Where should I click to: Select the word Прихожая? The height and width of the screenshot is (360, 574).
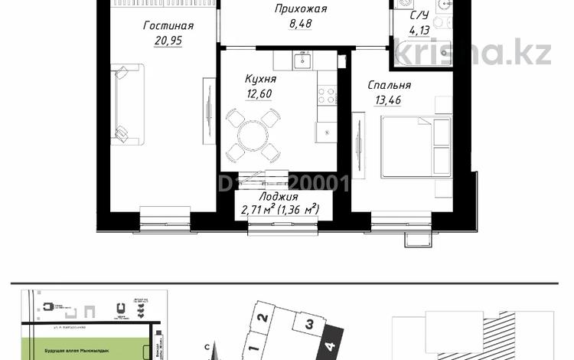pos(302,9)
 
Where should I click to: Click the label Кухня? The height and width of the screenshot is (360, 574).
pos(260,79)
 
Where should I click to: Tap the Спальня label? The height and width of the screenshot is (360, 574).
pos(388,86)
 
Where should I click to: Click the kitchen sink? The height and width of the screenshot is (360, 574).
pos(303,59)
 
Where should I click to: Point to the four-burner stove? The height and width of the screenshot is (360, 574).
pos(327,95)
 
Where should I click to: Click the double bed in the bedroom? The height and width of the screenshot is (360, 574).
pos(416,146)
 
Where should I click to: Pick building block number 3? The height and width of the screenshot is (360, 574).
pos(308,324)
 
